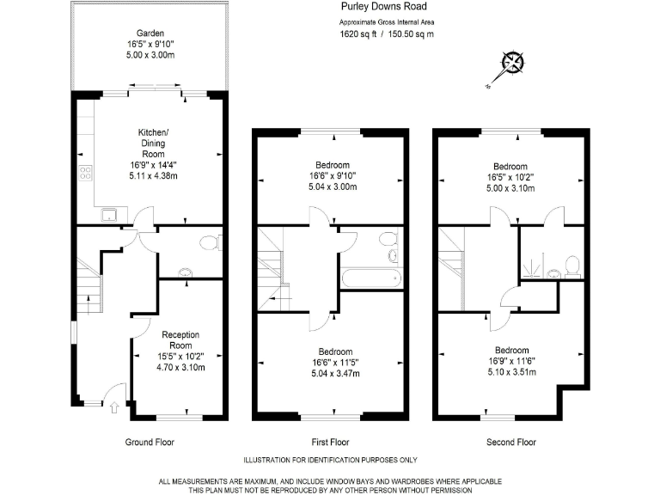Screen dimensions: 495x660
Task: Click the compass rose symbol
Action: click(513, 63)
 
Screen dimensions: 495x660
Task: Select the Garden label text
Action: click(150, 34)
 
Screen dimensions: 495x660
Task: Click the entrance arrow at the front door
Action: click(113, 409)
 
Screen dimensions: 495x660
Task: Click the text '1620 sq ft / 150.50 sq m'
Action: click(387, 34)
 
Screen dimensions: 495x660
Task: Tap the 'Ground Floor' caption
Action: click(150, 442)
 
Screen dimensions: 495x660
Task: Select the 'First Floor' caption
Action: click(330, 442)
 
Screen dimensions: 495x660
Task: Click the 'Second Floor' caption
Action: click(510, 442)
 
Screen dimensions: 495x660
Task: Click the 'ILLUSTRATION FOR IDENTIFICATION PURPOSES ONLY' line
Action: click(330, 460)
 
